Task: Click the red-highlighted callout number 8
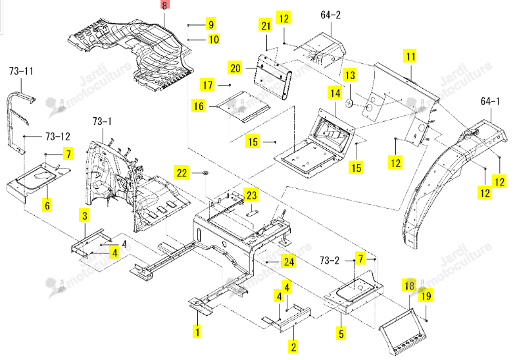164,5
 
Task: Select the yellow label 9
211,24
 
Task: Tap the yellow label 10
214,39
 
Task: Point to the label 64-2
330,14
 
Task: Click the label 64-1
490,101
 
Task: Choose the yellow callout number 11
410,57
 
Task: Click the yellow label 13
350,75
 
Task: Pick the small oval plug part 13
349,103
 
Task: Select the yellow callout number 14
335,93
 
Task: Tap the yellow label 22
182,173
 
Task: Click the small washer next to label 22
207,172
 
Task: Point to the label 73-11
21,70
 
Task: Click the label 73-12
58,136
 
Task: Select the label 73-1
102,121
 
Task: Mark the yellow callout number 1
197,332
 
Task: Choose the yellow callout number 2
293,347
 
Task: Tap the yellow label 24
289,262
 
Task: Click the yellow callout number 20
235,68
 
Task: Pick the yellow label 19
426,296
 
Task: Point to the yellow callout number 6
47,205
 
